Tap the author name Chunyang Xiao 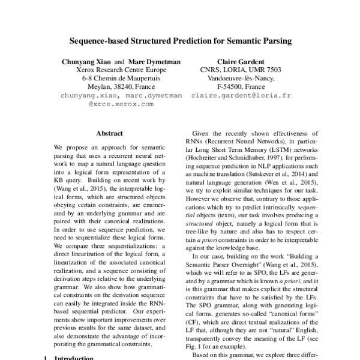tap(86, 61)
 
